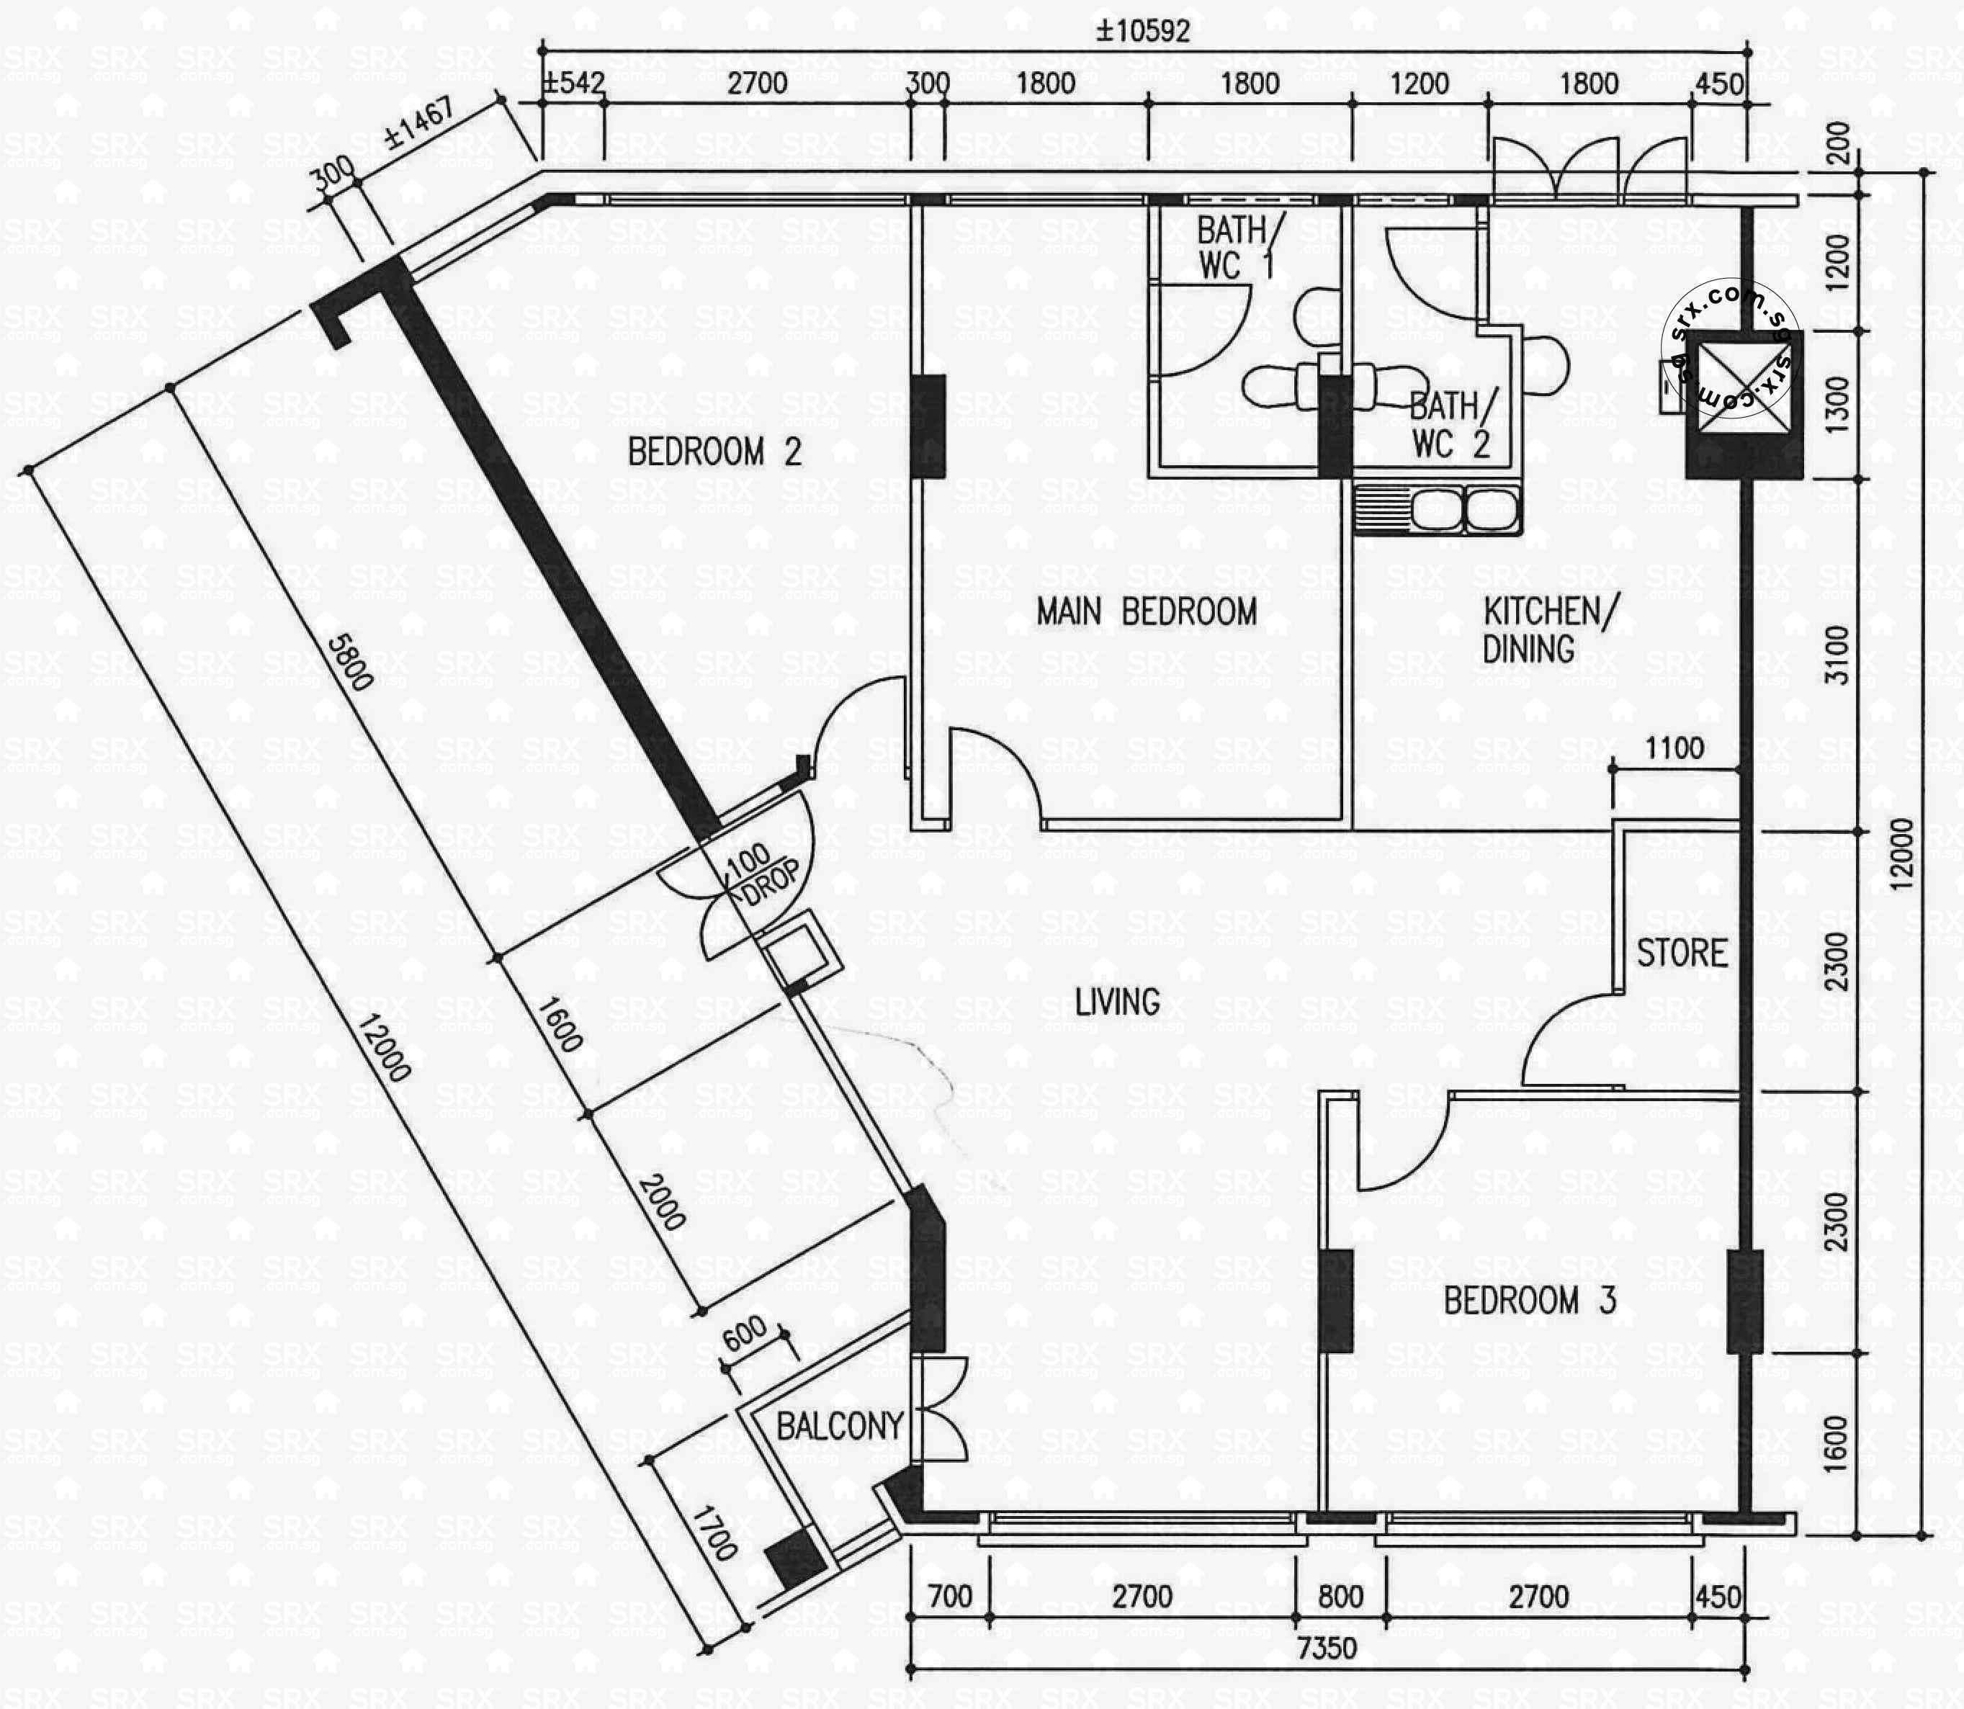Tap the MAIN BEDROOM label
1147,612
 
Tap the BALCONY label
838,1427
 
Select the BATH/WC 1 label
1237,248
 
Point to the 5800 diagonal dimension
349,662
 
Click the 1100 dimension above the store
1674,748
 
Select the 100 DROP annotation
763,873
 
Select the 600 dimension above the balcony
744,1332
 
